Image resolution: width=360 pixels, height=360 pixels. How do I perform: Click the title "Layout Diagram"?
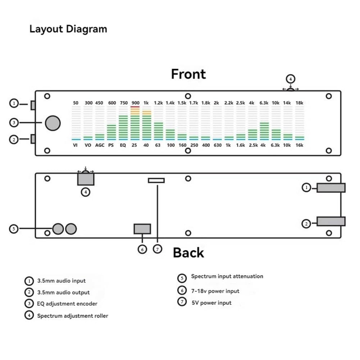tap(68, 29)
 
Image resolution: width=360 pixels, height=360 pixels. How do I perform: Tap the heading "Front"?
tap(188, 74)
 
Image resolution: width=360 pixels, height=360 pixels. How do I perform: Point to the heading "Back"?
tap(188, 253)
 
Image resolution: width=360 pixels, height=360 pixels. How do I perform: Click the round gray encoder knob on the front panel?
tap(53, 123)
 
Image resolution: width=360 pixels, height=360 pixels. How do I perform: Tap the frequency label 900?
tap(136, 103)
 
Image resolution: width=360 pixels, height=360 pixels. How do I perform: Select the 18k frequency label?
tap(299, 103)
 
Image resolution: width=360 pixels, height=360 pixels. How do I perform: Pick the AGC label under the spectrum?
tap(100, 145)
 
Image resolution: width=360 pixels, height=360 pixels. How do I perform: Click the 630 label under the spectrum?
tap(218, 145)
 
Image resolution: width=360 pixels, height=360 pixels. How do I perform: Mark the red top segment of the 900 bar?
tap(135, 107)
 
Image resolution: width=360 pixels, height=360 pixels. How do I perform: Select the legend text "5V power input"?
tap(211, 303)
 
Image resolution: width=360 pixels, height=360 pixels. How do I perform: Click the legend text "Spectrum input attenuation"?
tap(227, 276)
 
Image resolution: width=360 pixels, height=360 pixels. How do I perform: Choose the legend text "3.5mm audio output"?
tap(63, 292)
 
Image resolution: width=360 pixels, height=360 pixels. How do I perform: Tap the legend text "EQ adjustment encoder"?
tap(67, 304)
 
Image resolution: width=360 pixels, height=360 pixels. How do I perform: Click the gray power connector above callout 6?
tap(142, 229)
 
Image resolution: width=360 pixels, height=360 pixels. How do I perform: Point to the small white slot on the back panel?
tap(156, 181)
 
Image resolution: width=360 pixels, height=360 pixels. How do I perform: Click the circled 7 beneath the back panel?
tap(158, 249)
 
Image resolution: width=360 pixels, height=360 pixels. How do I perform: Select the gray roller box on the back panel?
tap(86, 179)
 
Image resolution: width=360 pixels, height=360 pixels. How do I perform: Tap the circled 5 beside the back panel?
tap(14, 229)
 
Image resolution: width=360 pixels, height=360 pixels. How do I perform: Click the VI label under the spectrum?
tap(75, 145)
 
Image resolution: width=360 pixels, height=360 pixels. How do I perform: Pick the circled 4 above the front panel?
tap(291, 79)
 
